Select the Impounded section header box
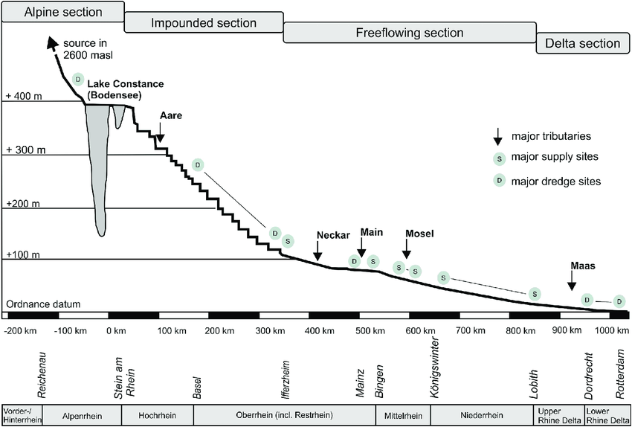tap(203, 23)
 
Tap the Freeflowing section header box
tap(409, 33)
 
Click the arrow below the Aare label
tap(161, 131)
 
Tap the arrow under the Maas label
tap(572, 280)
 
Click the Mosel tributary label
tap(419, 233)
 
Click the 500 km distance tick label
tap(369, 330)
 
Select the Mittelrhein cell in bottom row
tap(402, 415)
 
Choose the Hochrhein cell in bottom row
tap(156, 415)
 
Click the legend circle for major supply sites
tap(500, 158)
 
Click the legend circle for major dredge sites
tap(500, 180)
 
